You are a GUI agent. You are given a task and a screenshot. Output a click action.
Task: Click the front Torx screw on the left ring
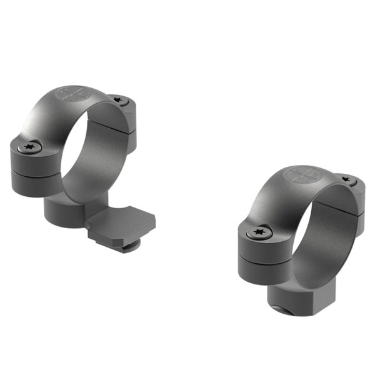pos(29,148)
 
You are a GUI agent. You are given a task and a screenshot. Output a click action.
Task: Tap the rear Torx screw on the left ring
pos(119,101)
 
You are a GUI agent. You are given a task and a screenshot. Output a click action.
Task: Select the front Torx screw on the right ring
pos(259,233)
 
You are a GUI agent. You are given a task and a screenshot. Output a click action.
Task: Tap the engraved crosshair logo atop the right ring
pos(298,174)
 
